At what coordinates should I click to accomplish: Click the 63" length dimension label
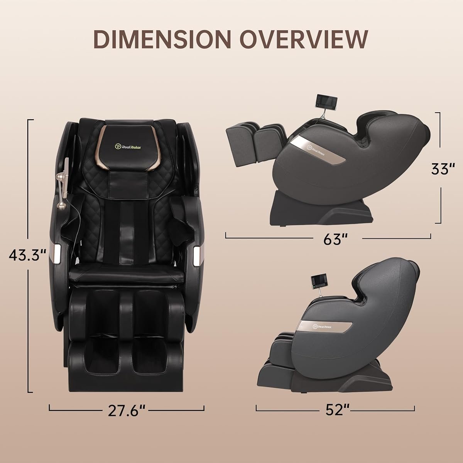pyautogui.click(x=329, y=240)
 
